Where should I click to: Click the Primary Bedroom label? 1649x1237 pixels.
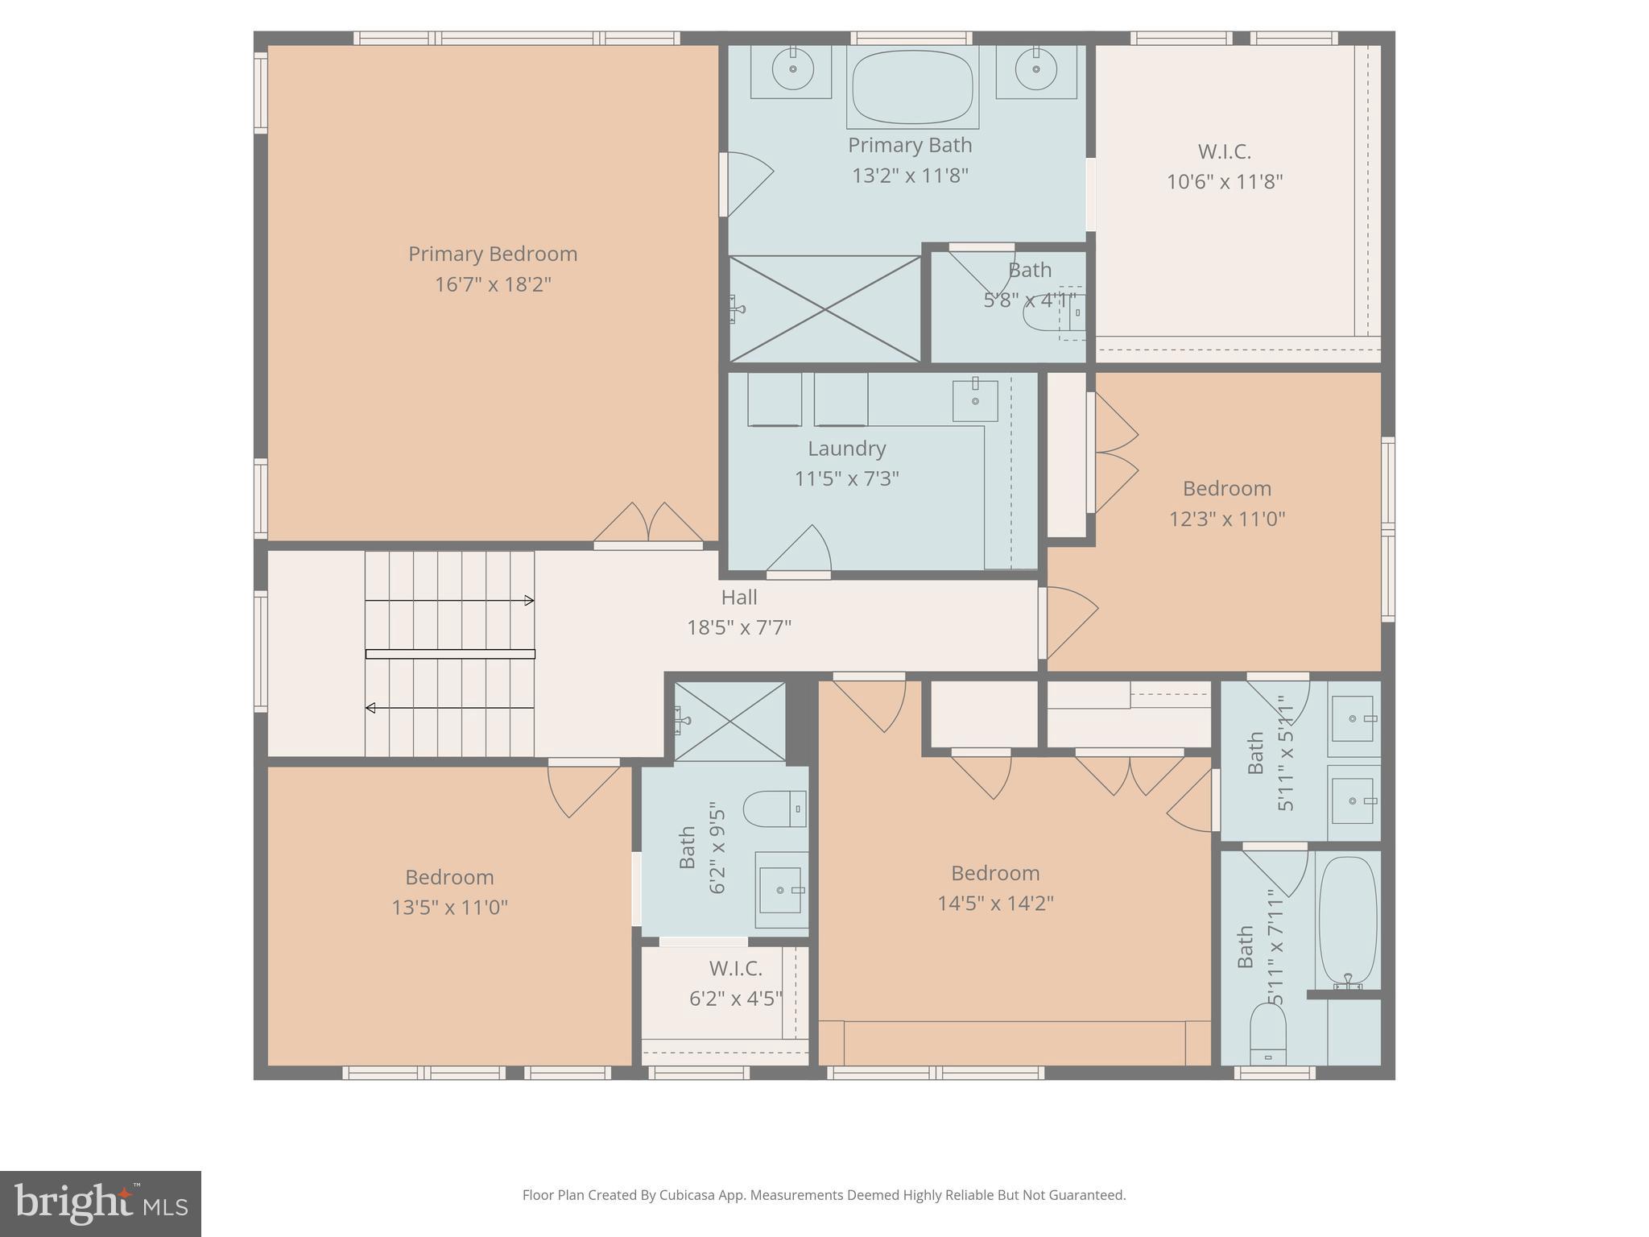pyautogui.click(x=493, y=254)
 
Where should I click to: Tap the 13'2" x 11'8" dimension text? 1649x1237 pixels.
pyautogui.click(x=910, y=176)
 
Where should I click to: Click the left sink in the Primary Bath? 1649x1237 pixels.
pyautogui.click(x=792, y=70)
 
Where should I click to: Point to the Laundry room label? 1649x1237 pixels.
pyautogui.click(x=846, y=449)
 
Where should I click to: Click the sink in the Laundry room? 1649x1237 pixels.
pyautogui.click(x=975, y=400)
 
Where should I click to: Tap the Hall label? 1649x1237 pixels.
pyautogui.click(x=738, y=598)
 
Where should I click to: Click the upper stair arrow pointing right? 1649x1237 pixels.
pyautogui.click(x=528, y=600)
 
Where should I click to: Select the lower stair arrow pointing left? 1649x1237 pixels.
pyautogui.click(x=371, y=708)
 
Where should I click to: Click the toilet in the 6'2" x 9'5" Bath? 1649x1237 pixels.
pyautogui.click(x=774, y=809)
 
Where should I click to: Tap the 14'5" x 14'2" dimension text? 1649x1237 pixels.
pyautogui.click(x=995, y=904)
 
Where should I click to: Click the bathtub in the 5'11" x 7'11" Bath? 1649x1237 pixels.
pyautogui.click(x=1347, y=922)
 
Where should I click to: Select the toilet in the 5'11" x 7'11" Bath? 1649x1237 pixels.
pyautogui.click(x=1267, y=1035)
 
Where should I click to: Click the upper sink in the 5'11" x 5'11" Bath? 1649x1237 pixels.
pyautogui.click(x=1353, y=718)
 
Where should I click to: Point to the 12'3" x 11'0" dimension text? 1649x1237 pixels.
pyautogui.click(x=1226, y=519)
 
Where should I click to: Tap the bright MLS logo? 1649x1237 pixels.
pyautogui.click(x=101, y=1203)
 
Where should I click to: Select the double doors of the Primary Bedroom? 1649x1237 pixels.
pyautogui.click(x=648, y=525)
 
